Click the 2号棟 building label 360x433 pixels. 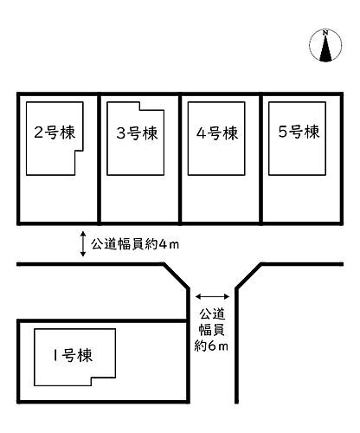pos(55,132)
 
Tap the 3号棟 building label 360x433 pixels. pos(137,133)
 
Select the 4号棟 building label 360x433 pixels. pos(217,133)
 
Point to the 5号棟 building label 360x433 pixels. pos(299,132)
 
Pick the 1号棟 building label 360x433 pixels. pos(73,355)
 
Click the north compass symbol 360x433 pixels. pos(325,45)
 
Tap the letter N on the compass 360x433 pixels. pos(325,33)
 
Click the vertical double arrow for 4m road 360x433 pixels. pos(83,244)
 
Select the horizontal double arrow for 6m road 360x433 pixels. pos(212,296)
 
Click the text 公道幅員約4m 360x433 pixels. pos(135,244)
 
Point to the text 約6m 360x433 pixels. pos(211,346)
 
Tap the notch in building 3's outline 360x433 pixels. pos(152,106)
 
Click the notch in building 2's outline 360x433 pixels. pos(80,163)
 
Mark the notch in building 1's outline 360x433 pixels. pos(104,382)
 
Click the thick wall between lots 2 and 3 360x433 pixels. pos(100,158)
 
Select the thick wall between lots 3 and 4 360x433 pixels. pos(180,158)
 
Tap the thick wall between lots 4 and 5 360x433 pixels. pos(261,158)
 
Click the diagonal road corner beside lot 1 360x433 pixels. pos(177,275)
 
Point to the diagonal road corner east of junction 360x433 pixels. pos(248,275)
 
